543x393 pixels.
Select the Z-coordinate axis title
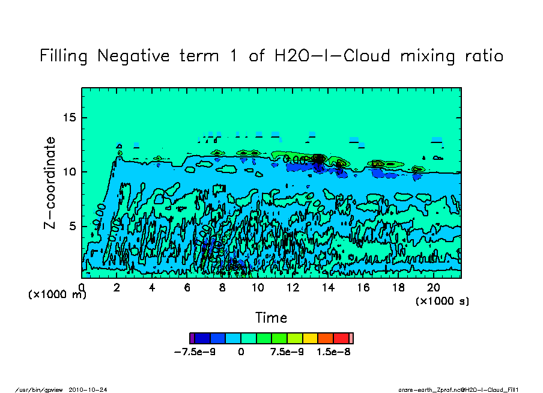pyautogui.click(x=50, y=183)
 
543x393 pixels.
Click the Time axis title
pyautogui.click(x=271, y=317)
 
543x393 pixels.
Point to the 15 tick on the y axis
pyautogui.click(x=70, y=117)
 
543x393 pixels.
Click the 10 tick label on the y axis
pyautogui.click(x=70, y=172)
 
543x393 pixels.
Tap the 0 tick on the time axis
pyautogui.click(x=82, y=287)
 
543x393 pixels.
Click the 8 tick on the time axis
pyautogui.click(x=222, y=287)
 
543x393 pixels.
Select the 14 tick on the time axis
pyautogui.click(x=328, y=287)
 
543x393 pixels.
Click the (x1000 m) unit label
pyautogui.click(x=58, y=295)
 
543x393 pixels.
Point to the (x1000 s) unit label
pyautogui.click(x=443, y=300)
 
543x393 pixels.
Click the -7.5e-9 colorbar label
pyautogui.click(x=195, y=352)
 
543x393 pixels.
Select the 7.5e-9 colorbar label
pyautogui.click(x=287, y=352)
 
